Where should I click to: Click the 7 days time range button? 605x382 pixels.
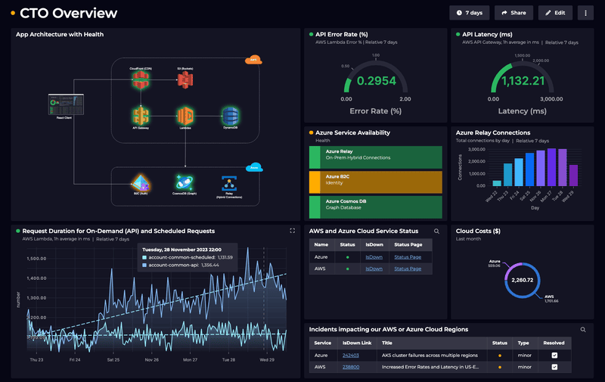pos(470,13)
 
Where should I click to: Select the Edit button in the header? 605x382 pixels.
pos(555,13)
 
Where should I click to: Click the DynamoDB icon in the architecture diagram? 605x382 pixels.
pos(231,116)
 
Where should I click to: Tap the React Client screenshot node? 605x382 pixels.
pos(64,104)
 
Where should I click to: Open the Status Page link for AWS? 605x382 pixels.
pos(408,269)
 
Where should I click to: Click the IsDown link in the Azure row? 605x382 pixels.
pos(374,257)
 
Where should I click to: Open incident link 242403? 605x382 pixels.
pos(350,355)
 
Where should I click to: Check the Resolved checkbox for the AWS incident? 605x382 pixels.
pos(554,367)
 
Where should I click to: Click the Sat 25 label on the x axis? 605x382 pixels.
pos(114,359)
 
